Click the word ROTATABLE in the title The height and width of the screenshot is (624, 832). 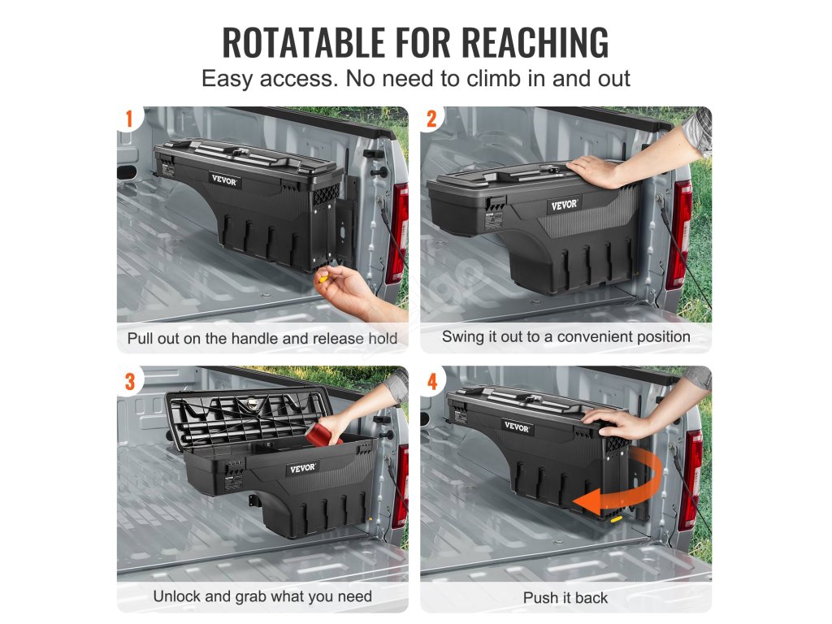coord(303,42)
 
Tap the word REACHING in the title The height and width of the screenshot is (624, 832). coord(535,42)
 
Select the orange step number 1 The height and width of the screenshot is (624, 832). coord(129,119)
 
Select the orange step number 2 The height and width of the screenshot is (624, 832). coord(432,119)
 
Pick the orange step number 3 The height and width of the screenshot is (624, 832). coord(130,381)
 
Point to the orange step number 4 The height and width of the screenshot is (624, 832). coord(432,381)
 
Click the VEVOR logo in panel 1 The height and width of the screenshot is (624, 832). coord(224,180)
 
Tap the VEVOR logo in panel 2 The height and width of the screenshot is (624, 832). coord(564,205)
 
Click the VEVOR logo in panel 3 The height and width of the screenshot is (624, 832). coord(303,469)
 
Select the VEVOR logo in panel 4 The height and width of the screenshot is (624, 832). coord(516,427)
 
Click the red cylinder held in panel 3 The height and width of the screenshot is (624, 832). coord(323,431)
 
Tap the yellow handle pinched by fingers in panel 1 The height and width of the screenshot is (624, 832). coord(322,277)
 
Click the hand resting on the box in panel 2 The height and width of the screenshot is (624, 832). coord(594,171)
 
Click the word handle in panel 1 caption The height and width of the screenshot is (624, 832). coord(253,339)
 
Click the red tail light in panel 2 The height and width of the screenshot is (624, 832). coord(682,233)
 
